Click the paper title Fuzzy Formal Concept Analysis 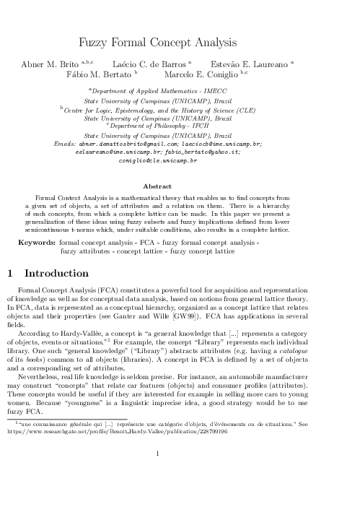pos(180,43)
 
